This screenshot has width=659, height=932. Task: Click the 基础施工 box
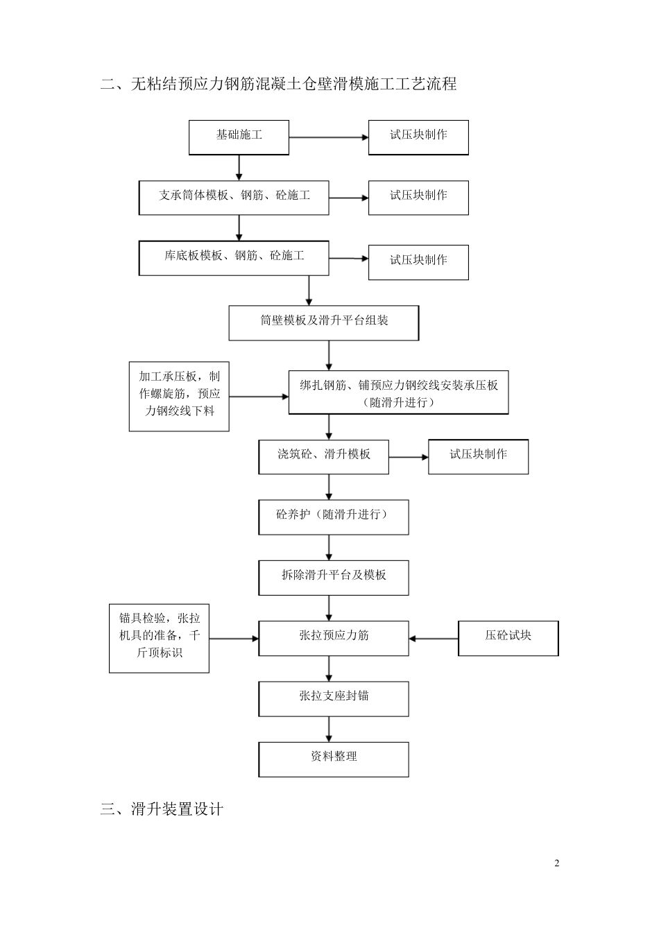239,137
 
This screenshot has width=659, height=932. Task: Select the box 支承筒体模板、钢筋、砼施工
234,198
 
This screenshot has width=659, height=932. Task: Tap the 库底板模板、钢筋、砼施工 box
234,258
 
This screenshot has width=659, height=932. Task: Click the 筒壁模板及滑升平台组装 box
324,322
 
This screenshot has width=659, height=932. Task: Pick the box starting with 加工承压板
179,396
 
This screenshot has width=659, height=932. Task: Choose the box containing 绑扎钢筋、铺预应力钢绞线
398,393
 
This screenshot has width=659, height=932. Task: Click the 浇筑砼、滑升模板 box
324,457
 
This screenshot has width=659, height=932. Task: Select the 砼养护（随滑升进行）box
334,517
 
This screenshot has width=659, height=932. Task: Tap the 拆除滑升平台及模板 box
334,578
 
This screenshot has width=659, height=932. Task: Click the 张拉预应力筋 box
334,638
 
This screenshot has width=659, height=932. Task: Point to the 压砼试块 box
508,638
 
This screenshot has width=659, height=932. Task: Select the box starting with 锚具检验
159,638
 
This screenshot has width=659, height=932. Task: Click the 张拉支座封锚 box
334,698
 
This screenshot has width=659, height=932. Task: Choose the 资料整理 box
334,759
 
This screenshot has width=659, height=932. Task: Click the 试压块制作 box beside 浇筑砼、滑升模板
478,457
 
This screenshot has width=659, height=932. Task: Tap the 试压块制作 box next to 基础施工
418,137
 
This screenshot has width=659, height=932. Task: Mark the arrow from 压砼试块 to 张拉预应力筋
434,638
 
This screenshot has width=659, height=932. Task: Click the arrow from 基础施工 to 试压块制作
328,137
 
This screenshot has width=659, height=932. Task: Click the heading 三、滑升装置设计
162,809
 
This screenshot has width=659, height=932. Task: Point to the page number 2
556,863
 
